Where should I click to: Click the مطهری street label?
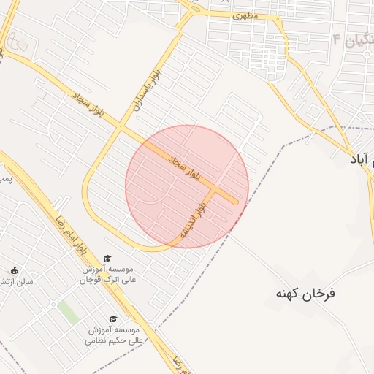point(245,15)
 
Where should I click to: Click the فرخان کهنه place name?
point(305,293)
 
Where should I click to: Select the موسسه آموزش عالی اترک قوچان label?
point(107,274)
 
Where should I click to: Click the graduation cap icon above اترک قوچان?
point(108,258)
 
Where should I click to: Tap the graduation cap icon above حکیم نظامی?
point(113,319)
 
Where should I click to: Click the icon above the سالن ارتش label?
point(14,270)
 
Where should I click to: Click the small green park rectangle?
point(68,311)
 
